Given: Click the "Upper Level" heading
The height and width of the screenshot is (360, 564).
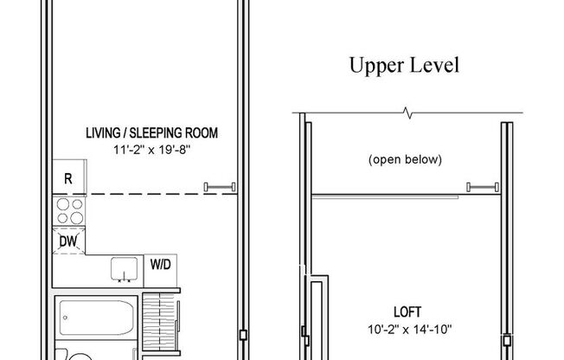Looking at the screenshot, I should [x=402, y=65].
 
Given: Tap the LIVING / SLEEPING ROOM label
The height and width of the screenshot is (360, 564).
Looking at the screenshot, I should [x=151, y=133].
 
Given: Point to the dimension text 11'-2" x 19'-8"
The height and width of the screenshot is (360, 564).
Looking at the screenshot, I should [x=151, y=151].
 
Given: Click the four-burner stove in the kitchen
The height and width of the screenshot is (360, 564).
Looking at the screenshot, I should [x=68, y=211].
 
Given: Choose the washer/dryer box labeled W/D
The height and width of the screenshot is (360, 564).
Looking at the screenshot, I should [x=161, y=264].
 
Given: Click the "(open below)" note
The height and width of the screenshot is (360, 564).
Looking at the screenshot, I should [x=405, y=159].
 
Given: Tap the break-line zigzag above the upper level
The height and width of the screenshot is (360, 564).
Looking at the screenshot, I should [x=408, y=112].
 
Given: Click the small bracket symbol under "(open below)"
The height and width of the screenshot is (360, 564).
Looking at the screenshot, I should [x=479, y=186].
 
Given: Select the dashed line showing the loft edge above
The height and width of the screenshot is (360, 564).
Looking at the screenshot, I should [x=147, y=194].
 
